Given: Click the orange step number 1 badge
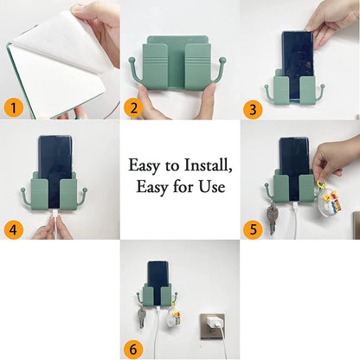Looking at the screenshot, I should point(13,107).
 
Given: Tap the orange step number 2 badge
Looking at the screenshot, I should point(133,107).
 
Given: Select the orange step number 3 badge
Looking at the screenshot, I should point(253,107).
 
